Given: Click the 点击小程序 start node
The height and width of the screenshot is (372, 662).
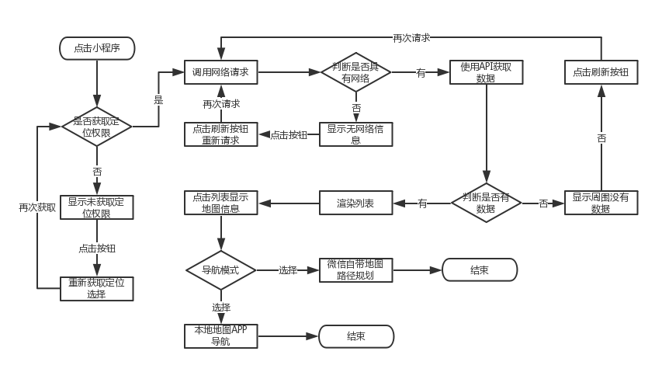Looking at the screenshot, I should pos(98,48).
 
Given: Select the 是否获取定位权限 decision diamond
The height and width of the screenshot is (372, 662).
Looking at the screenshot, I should pos(97,127).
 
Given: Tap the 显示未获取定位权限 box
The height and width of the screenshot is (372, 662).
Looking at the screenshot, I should pos(97,207).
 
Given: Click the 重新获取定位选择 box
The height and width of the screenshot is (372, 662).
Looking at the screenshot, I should pos(97,289).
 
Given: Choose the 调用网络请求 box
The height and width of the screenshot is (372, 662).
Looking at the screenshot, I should pos(220,72).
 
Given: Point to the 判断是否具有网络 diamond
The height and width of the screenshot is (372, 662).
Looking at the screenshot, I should pos(355,72).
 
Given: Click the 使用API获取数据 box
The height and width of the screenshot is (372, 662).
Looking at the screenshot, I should pos(486,72).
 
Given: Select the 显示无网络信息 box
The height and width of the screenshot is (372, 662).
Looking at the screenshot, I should pos(355,134).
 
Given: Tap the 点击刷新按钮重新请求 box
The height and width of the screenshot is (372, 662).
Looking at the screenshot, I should pos(220,134).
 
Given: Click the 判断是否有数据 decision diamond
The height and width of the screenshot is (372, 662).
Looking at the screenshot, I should pos(486,203).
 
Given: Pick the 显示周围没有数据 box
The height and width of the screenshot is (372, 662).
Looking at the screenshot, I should pos(601,203).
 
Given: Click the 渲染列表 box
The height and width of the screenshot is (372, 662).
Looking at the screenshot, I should pos(355,203).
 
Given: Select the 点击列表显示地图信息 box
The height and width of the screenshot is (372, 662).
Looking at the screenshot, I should pos(220,203).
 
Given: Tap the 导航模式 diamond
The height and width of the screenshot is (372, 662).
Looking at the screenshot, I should pos(220,270).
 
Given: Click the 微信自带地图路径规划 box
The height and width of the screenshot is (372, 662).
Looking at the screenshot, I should pos(355,270).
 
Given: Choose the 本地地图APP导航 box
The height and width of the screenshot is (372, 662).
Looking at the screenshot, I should pos(220,336).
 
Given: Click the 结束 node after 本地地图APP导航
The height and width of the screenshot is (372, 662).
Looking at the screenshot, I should pos(356,336).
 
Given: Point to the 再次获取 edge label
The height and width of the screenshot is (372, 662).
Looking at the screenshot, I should pos(37,207).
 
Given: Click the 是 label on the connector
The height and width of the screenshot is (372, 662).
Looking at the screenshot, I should pos(158,99).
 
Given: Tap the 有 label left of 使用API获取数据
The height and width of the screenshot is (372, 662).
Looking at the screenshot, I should pos(421,72).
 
